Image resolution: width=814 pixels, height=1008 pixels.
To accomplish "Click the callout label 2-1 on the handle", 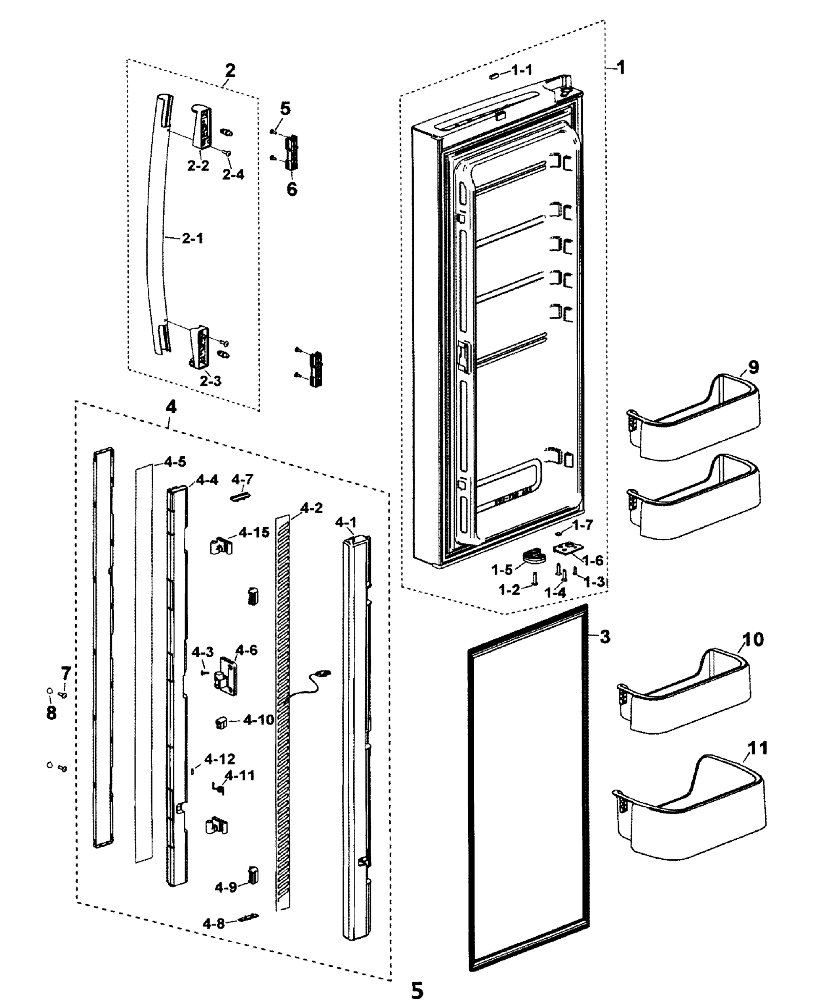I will [x=192, y=239].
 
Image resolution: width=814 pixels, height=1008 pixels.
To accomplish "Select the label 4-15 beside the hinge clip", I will [x=254, y=532].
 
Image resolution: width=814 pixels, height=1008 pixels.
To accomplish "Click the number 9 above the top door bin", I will [x=753, y=367].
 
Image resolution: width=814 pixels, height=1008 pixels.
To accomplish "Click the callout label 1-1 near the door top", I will [x=522, y=71].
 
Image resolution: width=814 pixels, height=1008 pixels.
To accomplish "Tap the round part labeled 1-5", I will [x=534, y=556].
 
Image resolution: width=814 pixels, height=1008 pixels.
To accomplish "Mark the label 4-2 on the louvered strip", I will [x=311, y=508].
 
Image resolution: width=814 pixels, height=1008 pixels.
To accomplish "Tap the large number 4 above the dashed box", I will [x=171, y=407].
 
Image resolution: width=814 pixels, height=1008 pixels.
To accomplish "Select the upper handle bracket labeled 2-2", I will [x=202, y=127].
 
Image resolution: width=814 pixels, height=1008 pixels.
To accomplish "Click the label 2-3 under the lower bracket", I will [x=210, y=381].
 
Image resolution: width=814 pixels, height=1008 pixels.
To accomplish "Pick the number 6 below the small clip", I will [x=292, y=189].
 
